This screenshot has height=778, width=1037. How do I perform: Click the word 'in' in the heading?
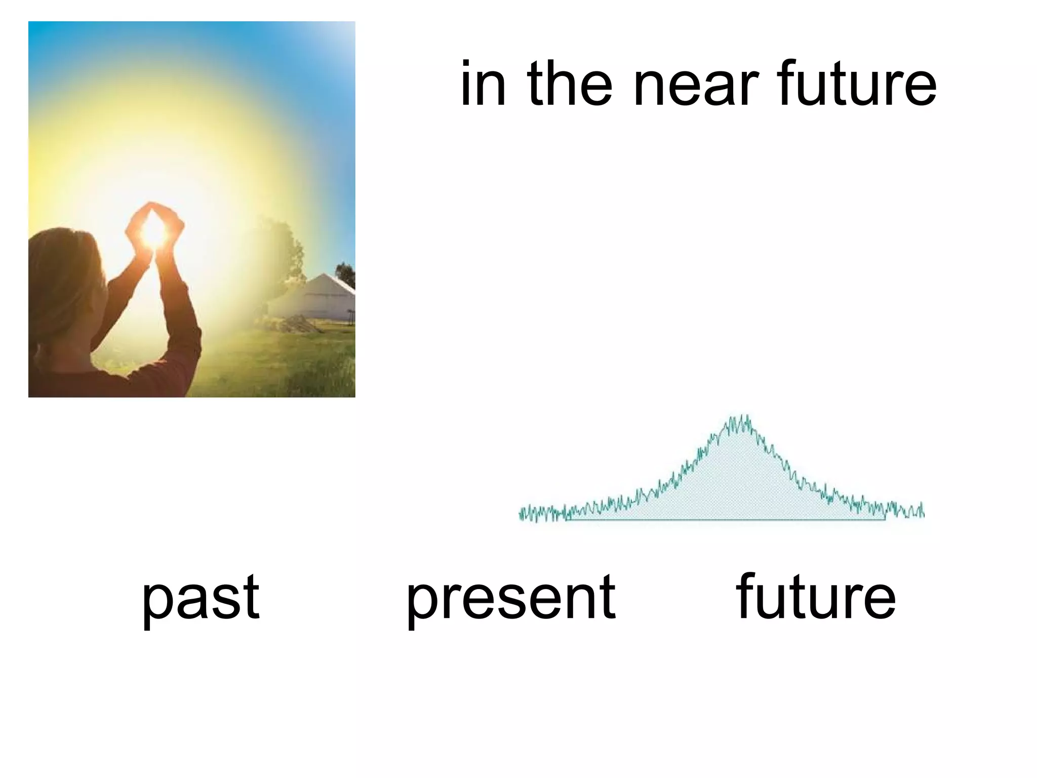(x=483, y=84)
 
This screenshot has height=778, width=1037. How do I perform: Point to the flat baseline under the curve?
(x=724, y=519)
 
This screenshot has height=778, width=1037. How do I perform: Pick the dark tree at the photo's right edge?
(x=346, y=274)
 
